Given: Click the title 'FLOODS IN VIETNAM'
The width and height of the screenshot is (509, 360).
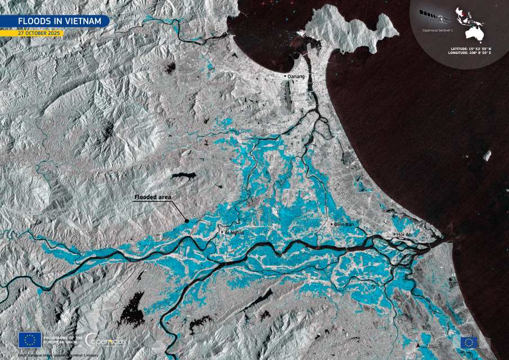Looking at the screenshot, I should click(55, 21).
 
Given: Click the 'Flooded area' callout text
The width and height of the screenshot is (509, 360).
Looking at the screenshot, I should click(152, 197).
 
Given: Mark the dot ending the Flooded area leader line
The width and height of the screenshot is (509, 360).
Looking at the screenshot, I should click(187, 221).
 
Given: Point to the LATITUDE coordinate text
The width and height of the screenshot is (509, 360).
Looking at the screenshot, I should click(470, 48).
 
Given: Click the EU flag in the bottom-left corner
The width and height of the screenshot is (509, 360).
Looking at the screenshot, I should click(29, 339).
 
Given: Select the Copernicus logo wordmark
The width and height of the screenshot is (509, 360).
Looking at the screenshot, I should click(106, 339).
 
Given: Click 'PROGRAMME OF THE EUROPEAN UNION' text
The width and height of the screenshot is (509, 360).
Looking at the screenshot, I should click(62, 339).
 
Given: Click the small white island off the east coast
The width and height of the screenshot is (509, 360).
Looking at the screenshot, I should click(487, 155).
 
